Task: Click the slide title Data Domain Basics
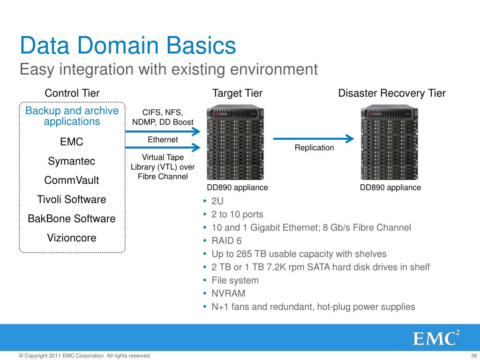[x=127, y=46]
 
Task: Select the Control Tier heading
[x=72, y=93]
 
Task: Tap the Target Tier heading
[x=237, y=93]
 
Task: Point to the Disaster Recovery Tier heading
[x=391, y=93]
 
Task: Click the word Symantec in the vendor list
[x=72, y=161]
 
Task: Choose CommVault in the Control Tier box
[x=72, y=180]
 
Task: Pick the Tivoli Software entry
[x=72, y=200]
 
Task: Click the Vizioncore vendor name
[x=72, y=238]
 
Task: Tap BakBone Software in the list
[x=72, y=219]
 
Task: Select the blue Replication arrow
[x=313, y=138]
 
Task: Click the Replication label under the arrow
[x=314, y=148]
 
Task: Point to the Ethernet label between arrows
[x=163, y=140]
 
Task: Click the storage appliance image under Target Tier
[x=235, y=144]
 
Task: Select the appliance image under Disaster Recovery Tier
[x=389, y=144]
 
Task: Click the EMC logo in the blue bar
[x=435, y=338]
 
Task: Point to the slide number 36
[x=472, y=356]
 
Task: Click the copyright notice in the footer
[x=85, y=356]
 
